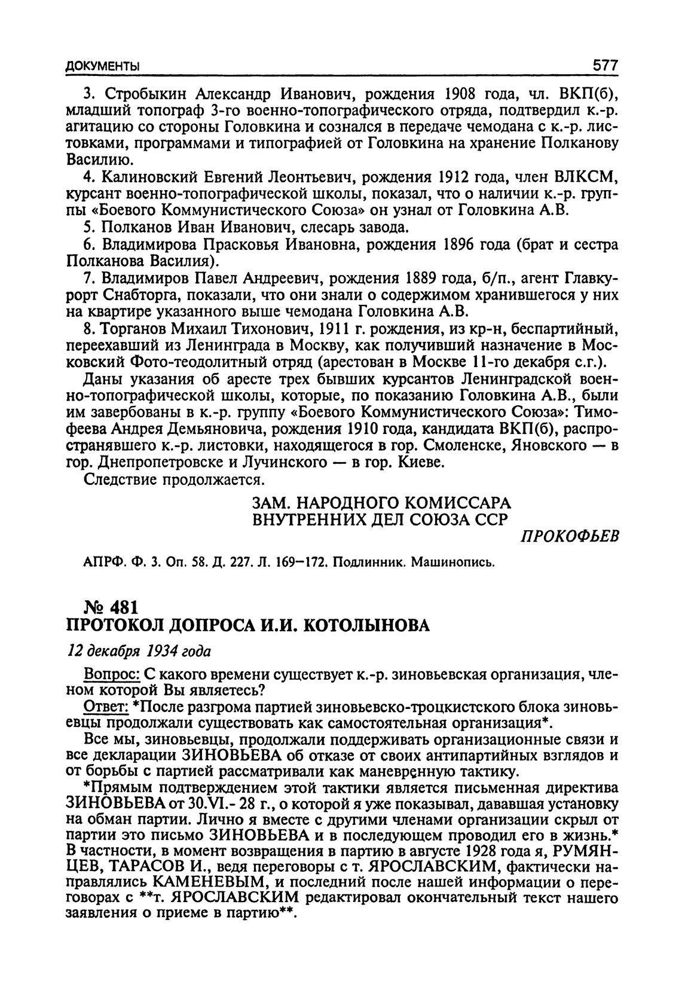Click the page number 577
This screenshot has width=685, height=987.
(x=604, y=65)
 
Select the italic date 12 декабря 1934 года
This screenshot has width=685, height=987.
(x=138, y=650)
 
